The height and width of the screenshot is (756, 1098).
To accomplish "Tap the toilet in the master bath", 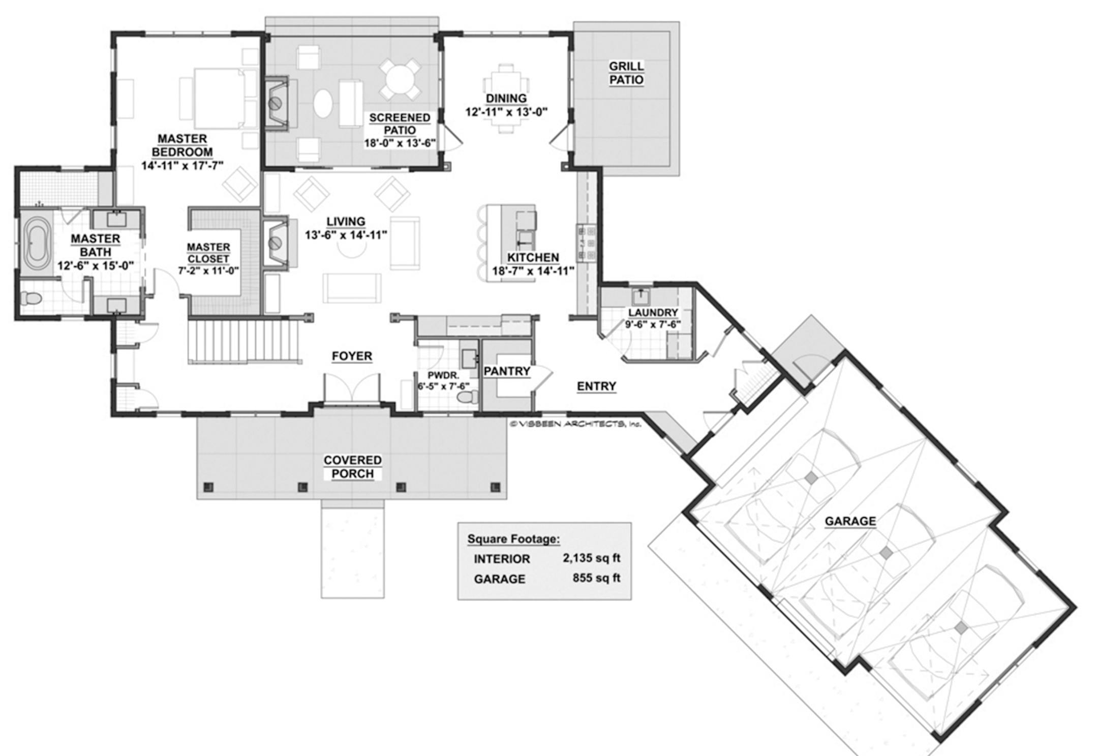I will point(30,298).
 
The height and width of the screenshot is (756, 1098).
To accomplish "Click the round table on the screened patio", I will point(400,80).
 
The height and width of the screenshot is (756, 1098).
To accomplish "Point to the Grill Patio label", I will point(626,73).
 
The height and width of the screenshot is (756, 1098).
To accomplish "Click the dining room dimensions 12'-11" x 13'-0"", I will point(506,112).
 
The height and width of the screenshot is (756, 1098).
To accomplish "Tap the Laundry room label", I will point(653,313).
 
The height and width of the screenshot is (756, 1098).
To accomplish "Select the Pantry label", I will point(507,372).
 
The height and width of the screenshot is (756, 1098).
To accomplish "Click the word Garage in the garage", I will point(850,521).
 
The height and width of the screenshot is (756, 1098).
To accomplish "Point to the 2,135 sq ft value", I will point(591,558).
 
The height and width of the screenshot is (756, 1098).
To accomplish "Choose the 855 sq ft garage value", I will point(596,578).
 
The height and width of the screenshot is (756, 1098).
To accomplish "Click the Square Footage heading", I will point(513,539).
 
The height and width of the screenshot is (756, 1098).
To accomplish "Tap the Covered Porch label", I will point(352,467).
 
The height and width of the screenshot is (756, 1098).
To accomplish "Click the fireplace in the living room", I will point(278,243).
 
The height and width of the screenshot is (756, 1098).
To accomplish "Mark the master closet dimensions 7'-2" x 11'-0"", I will point(208,271).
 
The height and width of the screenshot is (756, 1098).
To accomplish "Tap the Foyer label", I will point(352,356).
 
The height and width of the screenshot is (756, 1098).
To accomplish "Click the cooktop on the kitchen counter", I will point(586,243).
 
